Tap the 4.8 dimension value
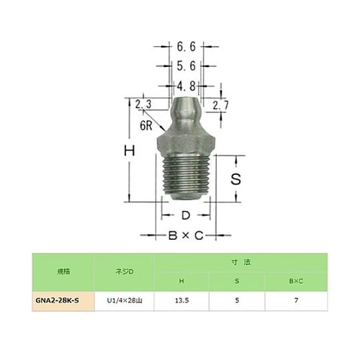tap(186, 86)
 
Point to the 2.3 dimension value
tap(143, 104)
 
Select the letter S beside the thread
tap(234, 180)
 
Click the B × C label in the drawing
tap(184, 235)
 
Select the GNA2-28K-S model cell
tap(64, 298)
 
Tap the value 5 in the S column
tap(237, 298)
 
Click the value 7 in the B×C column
tap(294, 298)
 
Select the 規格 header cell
tap(64, 271)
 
